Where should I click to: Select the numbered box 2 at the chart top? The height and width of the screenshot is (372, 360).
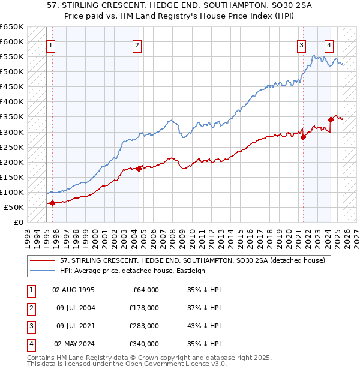point(137,45)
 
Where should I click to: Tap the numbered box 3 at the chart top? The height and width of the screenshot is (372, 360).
point(301,45)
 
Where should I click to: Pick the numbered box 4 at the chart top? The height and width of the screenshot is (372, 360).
point(329,45)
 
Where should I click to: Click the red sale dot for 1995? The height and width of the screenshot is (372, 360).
point(53,203)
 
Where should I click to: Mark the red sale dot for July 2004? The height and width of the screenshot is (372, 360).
point(139,169)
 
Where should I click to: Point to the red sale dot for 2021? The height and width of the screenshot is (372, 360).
point(303,137)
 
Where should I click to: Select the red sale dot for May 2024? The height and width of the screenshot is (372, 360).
point(331,120)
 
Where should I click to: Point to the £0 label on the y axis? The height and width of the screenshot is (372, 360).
point(19,222)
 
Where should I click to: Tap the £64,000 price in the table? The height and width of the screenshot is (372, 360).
point(145,290)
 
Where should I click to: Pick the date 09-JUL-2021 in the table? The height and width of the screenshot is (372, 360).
point(73,326)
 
